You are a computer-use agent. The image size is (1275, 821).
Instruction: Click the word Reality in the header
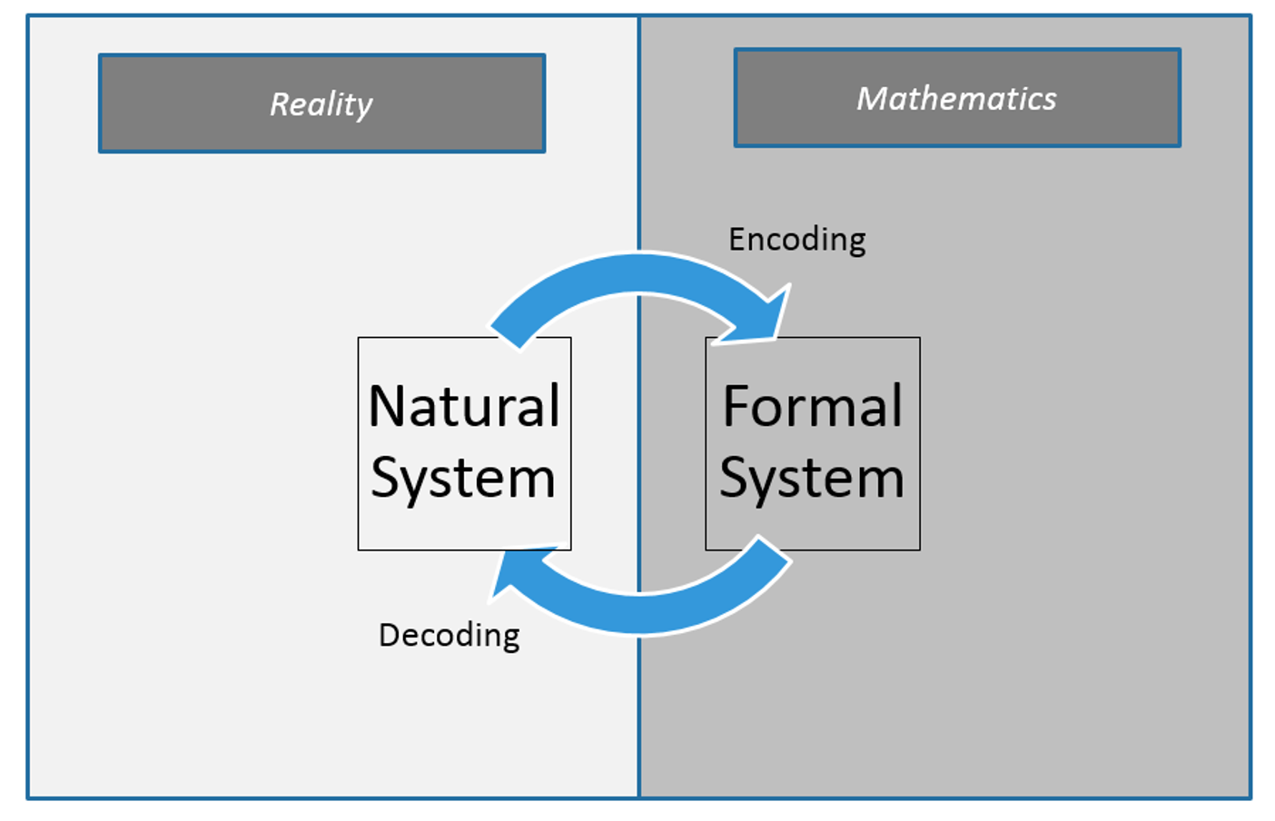click(x=321, y=104)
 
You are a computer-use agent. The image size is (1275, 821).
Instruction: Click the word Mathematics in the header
click(x=956, y=98)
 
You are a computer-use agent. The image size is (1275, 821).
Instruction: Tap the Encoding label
click(x=796, y=239)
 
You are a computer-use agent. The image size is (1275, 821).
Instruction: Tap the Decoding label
click(x=449, y=635)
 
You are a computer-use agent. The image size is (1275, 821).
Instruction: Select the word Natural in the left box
click(x=464, y=406)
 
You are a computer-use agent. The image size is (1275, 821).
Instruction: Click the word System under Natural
click(x=463, y=479)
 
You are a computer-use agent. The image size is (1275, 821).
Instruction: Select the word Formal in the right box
click(x=813, y=406)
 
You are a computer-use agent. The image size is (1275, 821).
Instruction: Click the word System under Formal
click(x=812, y=479)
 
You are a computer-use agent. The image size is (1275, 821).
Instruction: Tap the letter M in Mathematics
click(x=873, y=98)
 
